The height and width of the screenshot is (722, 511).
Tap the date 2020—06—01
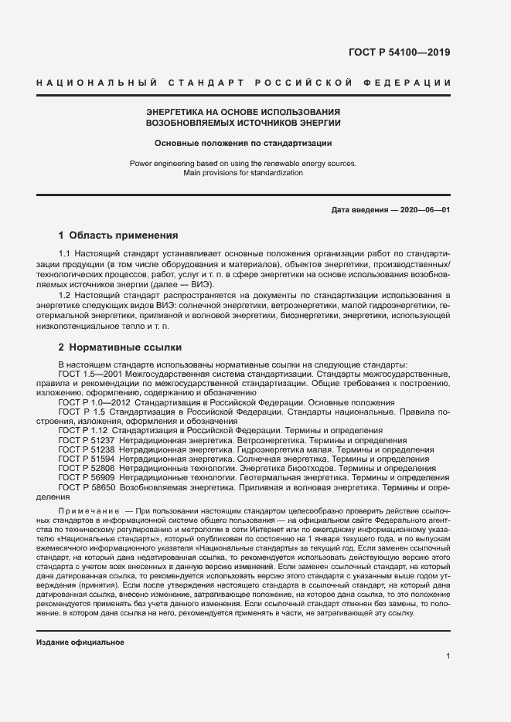[x=423, y=210]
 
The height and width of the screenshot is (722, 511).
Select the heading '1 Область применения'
[x=118, y=235]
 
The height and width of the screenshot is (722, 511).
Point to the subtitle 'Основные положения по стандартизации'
[x=243, y=143]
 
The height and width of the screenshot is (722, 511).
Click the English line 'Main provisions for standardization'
[x=243, y=173]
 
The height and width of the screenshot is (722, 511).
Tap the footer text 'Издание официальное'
[x=80, y=642]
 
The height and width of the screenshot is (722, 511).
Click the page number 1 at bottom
[x=448, y=656]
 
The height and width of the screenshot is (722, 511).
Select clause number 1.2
[x=65, y=296]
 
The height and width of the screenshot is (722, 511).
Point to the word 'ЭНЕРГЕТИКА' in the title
[x=175, y=112]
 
